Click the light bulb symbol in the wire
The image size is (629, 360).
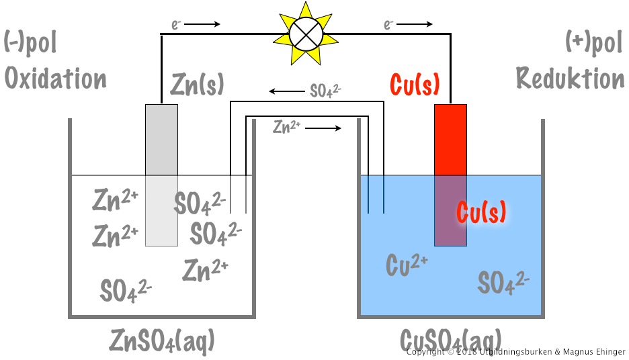click(302, 33)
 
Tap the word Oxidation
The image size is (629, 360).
click(56, 79)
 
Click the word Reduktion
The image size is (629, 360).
click(570, 79)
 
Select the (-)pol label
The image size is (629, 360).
click(30, 43)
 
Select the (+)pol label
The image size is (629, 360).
click(594, 43)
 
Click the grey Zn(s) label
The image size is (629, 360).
click(197, 85)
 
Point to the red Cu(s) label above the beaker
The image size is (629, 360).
click(415, 85)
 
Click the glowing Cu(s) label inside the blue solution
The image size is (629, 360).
click(481, 212)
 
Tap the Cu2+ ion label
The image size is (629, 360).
click(407, 265)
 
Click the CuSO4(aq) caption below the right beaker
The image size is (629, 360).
click(450, 338)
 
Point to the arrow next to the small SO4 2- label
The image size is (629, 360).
click(286, 91)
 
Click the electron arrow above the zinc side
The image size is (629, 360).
click(202, 25)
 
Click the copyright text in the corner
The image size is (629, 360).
click(515, 352)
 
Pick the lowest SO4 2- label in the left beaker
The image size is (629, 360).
click(126, 290)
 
